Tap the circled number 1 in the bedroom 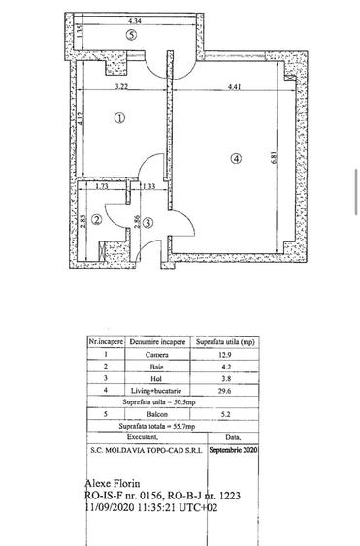pyautogui.click(x=117, y=119)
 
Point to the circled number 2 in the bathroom pyautogui.click(x=98, y=219)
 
